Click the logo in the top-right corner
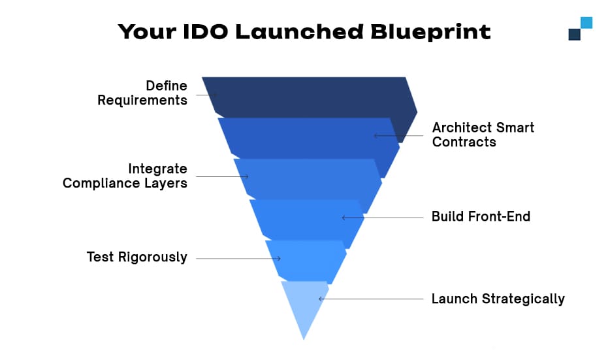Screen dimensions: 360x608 click(x=580, y=29)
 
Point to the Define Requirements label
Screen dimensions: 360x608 click(x=142, y=93)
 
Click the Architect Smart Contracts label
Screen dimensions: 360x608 click(x=483, y=135)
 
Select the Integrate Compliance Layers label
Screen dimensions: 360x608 click(x=125, y=176)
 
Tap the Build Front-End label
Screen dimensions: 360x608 click(x=481, y=216)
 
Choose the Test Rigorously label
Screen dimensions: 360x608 click(x=136, y=257)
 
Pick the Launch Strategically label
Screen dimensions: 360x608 click(x=498, y=299)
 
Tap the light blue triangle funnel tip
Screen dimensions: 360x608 click(x=304, y=307)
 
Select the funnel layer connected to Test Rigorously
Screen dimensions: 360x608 click(x=305, y=260)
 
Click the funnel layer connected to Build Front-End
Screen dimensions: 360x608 click(x=306, y=220)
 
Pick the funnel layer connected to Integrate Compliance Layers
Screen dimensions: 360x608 click(x=307, y=178)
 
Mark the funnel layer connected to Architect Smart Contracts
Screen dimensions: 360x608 click(x=307, y=137)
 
